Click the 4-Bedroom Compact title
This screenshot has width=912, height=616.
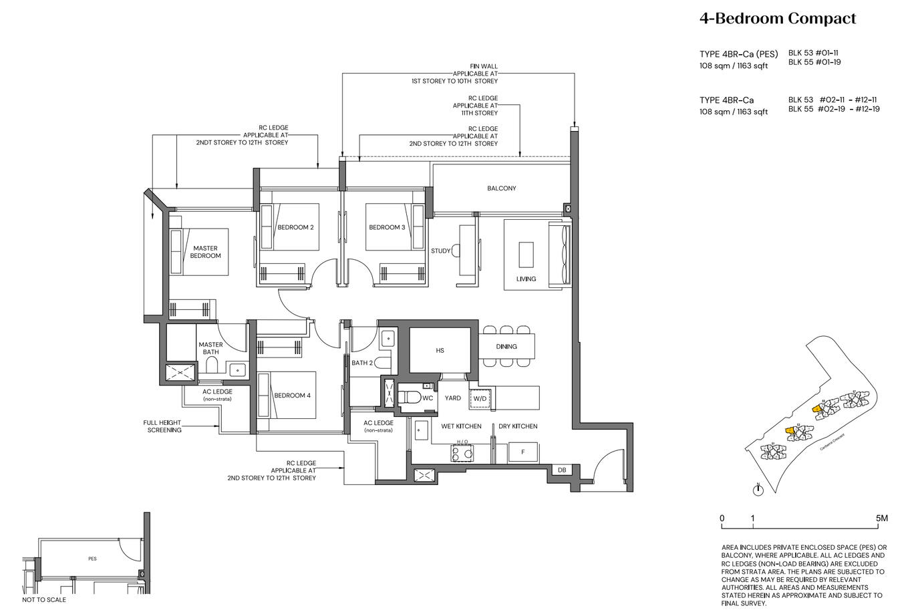click(x=777, y=19)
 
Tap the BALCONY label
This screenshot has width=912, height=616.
click(x=501, y=188)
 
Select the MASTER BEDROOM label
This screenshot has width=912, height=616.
click(x=205, y=252)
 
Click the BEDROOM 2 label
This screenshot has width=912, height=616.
click(x=295, y=227)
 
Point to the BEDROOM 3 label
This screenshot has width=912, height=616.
click(x=387, y=227)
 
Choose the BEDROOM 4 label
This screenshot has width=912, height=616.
click(x=292, y=396)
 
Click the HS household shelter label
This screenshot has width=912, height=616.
click(x=440, y=350)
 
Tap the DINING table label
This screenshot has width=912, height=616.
click(x=506, y=347)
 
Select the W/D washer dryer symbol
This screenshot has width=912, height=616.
click(x=480, y=399)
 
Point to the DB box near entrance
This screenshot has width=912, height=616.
click(x=561, y=470)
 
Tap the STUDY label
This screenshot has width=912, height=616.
click(x=440, y=251)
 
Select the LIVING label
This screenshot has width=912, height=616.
click(x=526, y=279)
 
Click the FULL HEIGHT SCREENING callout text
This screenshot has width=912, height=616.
click(x=162, y=426)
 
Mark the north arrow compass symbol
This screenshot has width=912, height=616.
click(x=758, y=490)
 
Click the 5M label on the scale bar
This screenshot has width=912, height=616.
click(x=881, y=518)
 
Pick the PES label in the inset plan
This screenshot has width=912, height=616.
click(x=92, y=559)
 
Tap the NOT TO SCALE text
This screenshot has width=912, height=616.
click(x=44, y=600)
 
